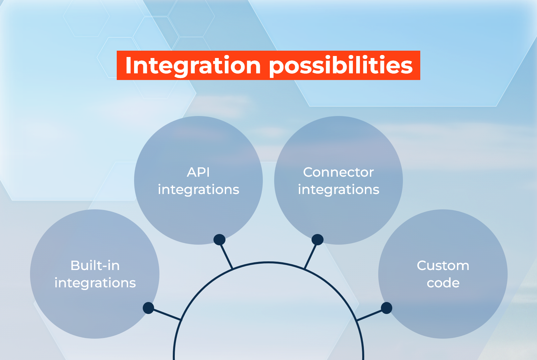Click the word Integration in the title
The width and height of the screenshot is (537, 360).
tap(192, 66)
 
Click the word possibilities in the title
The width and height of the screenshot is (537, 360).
tap(341, 66)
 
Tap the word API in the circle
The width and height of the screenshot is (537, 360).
tap(198, 172)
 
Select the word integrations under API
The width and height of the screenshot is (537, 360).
tap(198, 190)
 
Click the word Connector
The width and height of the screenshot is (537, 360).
tap(338, 172)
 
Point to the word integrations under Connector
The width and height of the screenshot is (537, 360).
tap(338, 190)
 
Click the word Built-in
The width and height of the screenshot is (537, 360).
tap(95, 266)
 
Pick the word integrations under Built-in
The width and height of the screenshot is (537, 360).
tap(95, 283)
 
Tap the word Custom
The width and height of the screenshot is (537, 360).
tap(443, 266)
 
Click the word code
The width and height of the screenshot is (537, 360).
tap(443, 283)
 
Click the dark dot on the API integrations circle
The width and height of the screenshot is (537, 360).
tap(219, 240)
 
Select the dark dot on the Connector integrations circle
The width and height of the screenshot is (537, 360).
tap(317, 240)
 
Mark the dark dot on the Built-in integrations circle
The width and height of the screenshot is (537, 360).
tap(148, 308)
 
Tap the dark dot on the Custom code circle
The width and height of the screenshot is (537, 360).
tap(386, 308)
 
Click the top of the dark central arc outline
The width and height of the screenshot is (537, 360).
tap(268, 263)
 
